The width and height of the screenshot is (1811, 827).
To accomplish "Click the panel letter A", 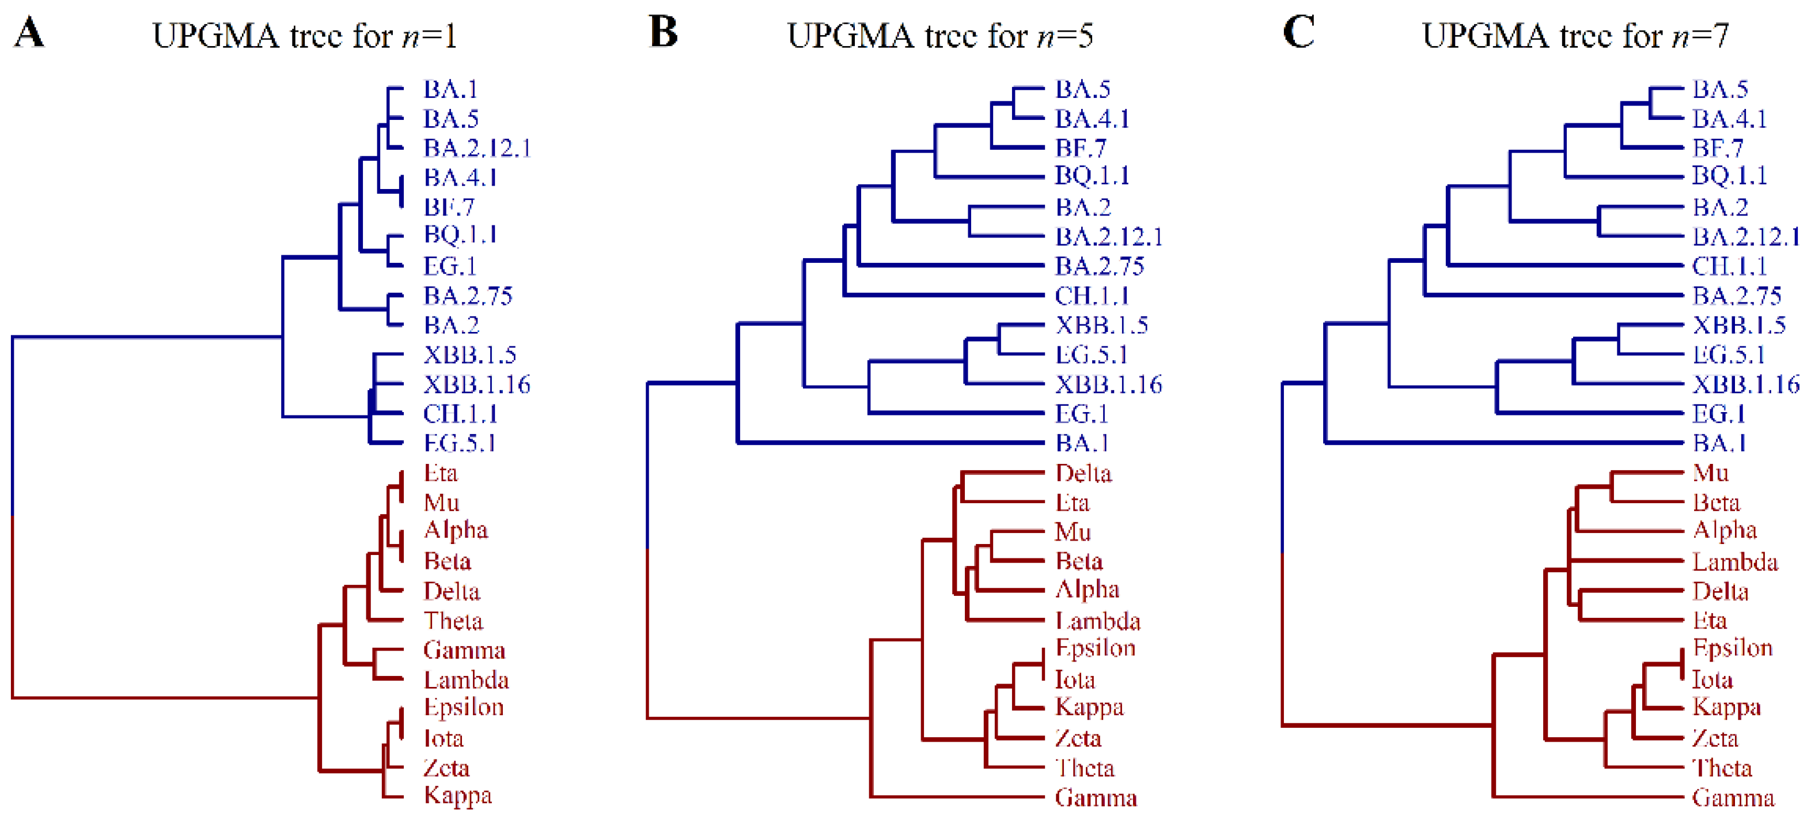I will coord(29,32).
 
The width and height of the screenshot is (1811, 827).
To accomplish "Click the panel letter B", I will coord(663,32).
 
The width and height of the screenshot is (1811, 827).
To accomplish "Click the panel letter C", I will coord(1298,32).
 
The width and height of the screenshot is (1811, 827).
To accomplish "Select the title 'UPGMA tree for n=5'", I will coord(940,35).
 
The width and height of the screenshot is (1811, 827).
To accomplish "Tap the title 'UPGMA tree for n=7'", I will coord(1575,35).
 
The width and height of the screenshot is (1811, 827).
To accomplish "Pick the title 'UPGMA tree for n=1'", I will coord(304,35).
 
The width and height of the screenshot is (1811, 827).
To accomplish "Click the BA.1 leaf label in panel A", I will coord(450,89).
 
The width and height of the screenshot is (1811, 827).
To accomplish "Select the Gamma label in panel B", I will coord(1096,798).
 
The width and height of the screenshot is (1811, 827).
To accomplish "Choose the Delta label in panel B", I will coord(1083,473).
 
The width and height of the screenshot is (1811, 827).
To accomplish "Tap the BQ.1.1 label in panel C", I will coord(1729,175).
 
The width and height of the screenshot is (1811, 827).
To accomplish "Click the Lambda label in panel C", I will coord(1734,562).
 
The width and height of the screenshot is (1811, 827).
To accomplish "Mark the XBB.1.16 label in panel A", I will coord(476,384).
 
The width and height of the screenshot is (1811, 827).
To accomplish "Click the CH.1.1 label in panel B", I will coord(1092,296).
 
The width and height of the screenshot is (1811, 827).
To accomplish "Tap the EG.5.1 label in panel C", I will coord(1729,355).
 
